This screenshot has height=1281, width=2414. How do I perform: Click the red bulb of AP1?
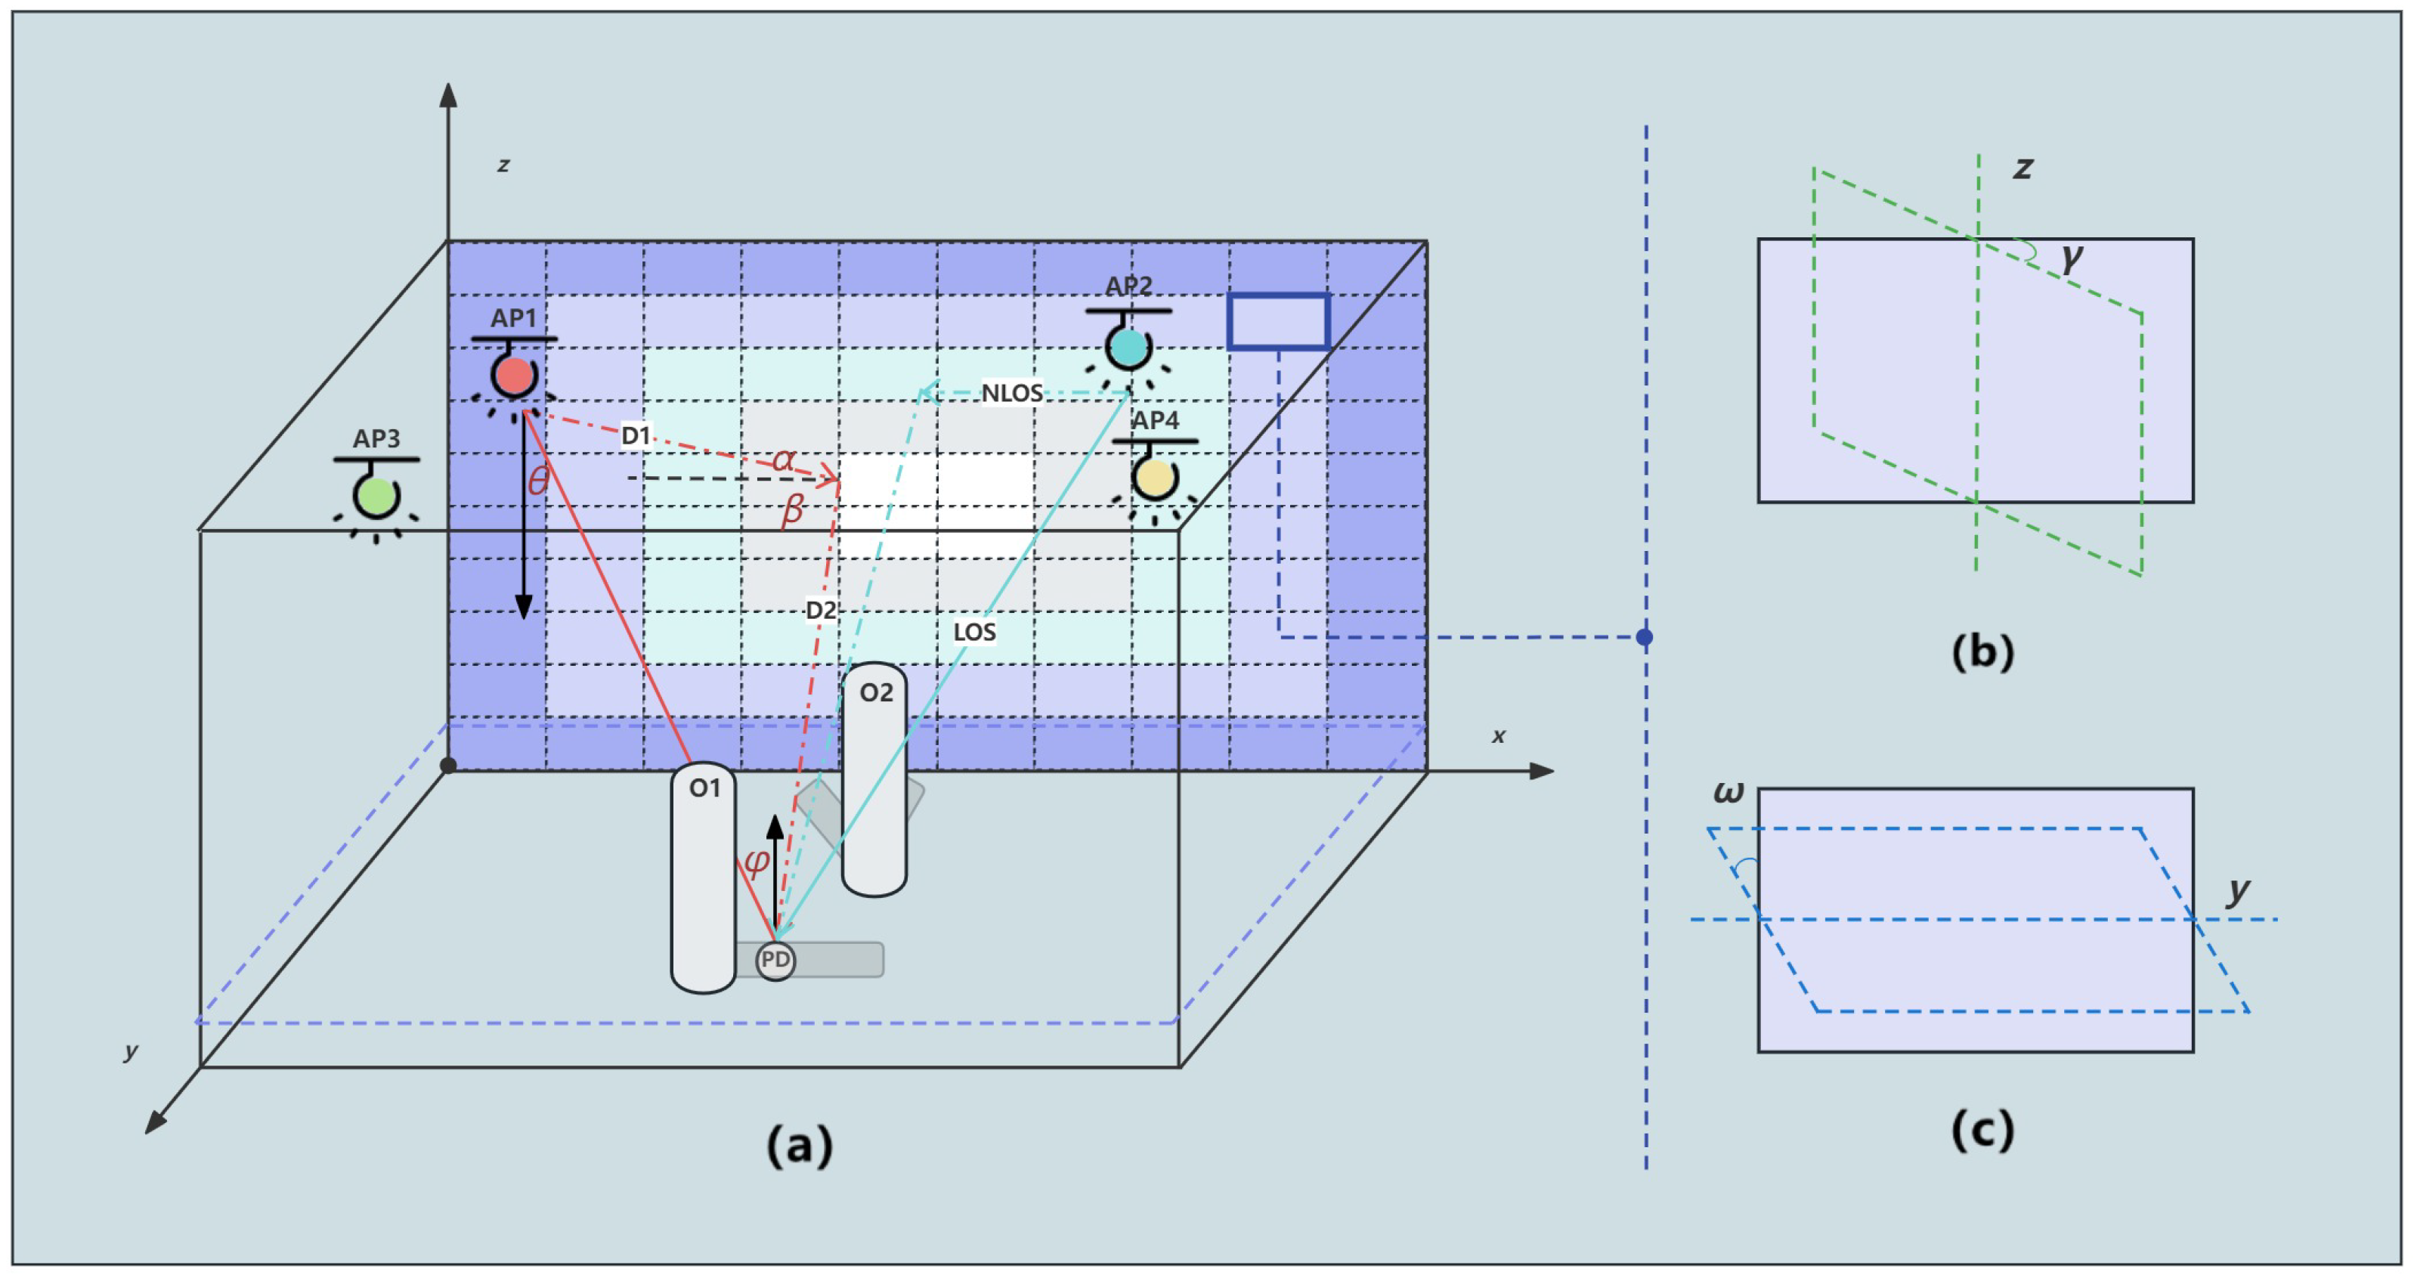click(x=513, y=376)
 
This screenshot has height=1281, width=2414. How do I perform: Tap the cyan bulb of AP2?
click(x=1128, y=347)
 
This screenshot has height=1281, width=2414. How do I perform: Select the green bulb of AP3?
click(x=376, y=496)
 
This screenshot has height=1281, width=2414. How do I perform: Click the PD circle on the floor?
click(x=775, y=961)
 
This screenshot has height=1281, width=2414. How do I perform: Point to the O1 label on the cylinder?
click(x=704, y=788)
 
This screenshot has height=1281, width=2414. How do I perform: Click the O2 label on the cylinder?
click(x=876, y=692)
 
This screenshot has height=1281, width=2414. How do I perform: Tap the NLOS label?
click(x=1011, y=394)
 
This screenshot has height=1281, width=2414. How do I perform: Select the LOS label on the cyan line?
click(x=975, y=633)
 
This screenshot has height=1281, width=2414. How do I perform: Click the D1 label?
click(x=636, y=436)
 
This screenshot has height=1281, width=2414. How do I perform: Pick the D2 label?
click(x=821, y=611)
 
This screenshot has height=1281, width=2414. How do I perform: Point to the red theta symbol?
click(x=538, y=481)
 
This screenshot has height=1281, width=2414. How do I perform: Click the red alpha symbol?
click(x=784, y=459)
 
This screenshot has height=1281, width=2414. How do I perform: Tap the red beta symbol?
click(x=793, y=511)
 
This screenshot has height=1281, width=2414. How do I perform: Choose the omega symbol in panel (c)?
click(x=1728, y=793)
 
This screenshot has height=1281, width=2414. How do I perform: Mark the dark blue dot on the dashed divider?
click(x=1645, y=637)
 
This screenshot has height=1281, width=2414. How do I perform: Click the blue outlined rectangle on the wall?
click(x=1278, y=321)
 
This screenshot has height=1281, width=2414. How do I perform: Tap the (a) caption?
click(x=800, y=1144)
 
